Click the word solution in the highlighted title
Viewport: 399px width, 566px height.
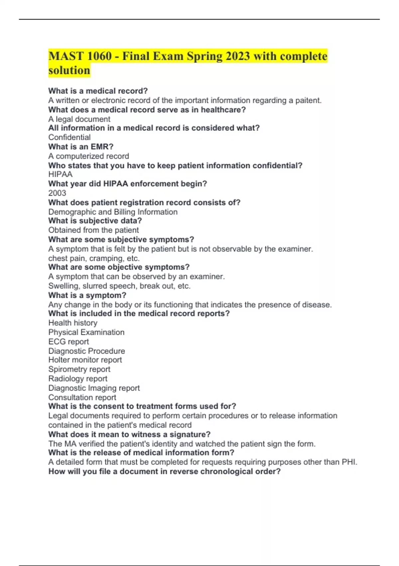[x=69, y=71]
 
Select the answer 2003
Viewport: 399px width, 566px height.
[x=57, y=193]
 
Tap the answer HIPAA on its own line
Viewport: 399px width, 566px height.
[x=60, y=174]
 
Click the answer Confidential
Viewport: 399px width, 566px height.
[x=69, y=137]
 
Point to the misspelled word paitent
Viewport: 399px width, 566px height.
[x=308, y=100]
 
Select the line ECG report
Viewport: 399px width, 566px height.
[x=68, y=342]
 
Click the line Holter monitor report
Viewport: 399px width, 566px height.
[x=85, y=360]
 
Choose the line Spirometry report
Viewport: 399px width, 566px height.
[x=79, y=369]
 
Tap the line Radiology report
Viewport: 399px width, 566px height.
[x=78, y=379]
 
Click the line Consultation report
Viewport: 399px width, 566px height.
[x=82, y=397]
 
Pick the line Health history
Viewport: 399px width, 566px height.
[x=73, y=323]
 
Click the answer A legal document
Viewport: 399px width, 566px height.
[x=79, y=119]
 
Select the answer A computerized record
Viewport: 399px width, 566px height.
[x=88, y=156]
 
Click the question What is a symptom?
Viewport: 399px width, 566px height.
[x=87, y=295]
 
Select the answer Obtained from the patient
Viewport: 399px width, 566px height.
[x=93, y=230]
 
